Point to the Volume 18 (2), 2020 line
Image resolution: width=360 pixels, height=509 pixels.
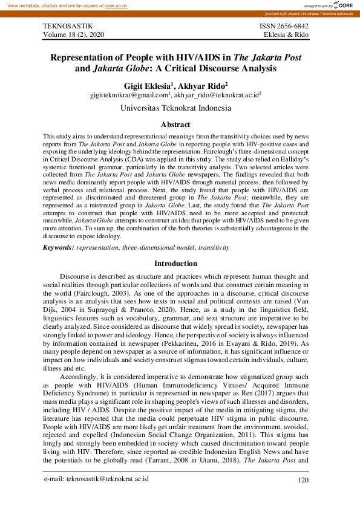pos(74,36)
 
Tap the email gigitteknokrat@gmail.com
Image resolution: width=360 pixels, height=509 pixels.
pos(129,96)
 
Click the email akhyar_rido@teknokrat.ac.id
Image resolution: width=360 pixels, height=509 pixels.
pos(217,96)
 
